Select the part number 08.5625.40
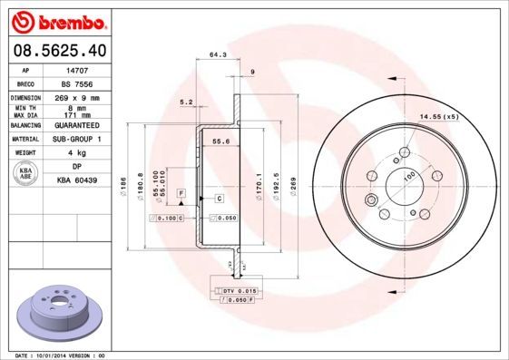61,51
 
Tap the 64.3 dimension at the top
217,55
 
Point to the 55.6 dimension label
219,141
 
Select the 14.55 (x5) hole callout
437,116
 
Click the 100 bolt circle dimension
407,178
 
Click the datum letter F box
181,195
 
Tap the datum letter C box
220,197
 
